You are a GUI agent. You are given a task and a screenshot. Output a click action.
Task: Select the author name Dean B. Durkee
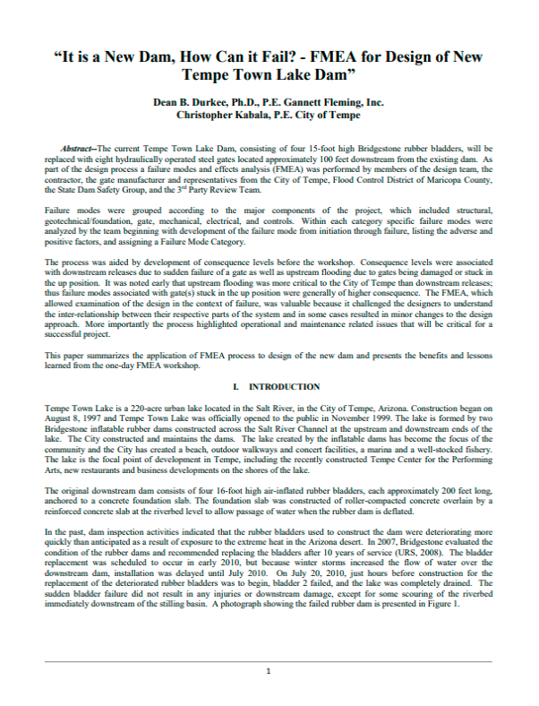pyautogui.click(x=192, y=103)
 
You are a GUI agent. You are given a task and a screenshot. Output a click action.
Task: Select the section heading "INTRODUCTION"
pyautogui.click(x=283, y=386)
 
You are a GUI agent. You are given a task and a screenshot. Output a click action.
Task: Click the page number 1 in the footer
pyautogui.click(x=269, y=670)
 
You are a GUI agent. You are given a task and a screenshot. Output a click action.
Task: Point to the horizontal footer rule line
pyautogui.click(x=269, y=661)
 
